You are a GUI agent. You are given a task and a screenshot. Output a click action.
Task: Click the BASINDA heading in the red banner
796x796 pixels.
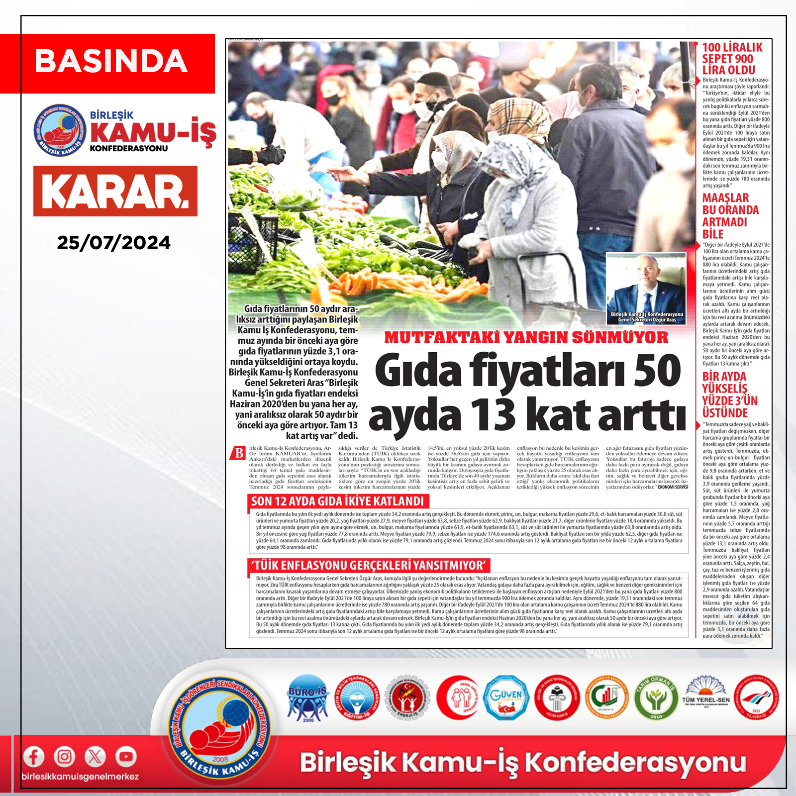(110, 61)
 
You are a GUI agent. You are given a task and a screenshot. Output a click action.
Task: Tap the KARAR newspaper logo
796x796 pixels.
(115, 192)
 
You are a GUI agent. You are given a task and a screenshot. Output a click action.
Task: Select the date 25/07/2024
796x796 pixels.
(113, 243)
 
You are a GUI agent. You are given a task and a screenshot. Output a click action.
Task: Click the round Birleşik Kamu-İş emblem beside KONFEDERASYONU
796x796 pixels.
(59, 130)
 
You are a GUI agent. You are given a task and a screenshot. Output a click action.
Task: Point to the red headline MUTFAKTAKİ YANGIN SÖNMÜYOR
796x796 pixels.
(526, 337)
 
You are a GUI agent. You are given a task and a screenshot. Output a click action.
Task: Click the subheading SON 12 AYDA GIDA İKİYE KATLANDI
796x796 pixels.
(337, 501)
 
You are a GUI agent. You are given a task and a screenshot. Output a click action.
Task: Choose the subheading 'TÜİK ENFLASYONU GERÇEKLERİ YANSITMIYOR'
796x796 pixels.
(369, 565)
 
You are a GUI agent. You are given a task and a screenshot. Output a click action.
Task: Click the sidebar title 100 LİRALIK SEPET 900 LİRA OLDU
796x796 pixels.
(732, 59)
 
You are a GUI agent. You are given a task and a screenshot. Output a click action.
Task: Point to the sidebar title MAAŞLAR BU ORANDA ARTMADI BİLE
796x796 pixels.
(730, 216)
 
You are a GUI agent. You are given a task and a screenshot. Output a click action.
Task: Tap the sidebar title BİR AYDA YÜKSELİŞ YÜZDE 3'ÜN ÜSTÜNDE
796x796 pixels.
(729, 395)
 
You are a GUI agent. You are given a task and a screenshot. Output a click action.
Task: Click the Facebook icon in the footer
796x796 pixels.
(34, 757)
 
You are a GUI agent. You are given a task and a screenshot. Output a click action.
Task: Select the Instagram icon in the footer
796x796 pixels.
(64, 757)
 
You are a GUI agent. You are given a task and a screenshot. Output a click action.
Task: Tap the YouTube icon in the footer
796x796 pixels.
(126, 757)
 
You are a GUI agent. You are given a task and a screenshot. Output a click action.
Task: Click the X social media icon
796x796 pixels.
(95, 757)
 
